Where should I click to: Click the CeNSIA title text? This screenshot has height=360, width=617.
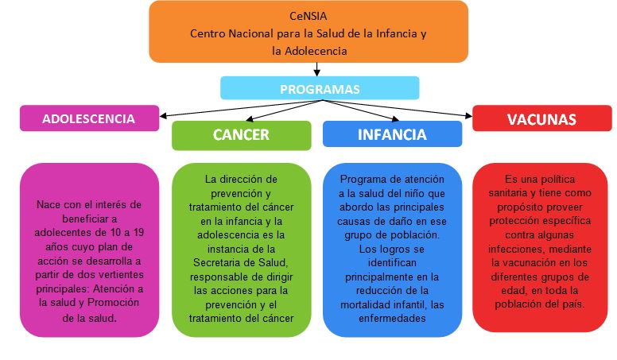tap(308, 16)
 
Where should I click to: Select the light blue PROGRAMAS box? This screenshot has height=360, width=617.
tap(320, 88)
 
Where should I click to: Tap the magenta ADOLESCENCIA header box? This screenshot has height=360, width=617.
tap(89, 118)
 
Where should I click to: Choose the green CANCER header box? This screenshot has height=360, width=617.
tap(241, 135)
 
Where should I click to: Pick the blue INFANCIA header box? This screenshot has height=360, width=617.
tap(392, 134)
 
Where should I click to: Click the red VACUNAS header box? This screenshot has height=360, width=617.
tap(541, 118)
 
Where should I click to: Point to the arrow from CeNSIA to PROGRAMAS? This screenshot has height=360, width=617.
tap(316, 69)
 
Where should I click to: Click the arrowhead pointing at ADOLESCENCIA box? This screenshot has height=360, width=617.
tap(163, 116)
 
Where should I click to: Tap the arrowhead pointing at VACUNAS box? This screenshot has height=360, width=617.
tap(468, 116)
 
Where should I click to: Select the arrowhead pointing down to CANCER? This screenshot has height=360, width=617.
tap(249, 118)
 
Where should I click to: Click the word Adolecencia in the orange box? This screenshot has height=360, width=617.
tap(316, 51)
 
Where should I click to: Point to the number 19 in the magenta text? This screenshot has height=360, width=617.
tap(138, 232)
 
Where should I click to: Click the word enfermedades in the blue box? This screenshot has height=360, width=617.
tap(392, 319)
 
